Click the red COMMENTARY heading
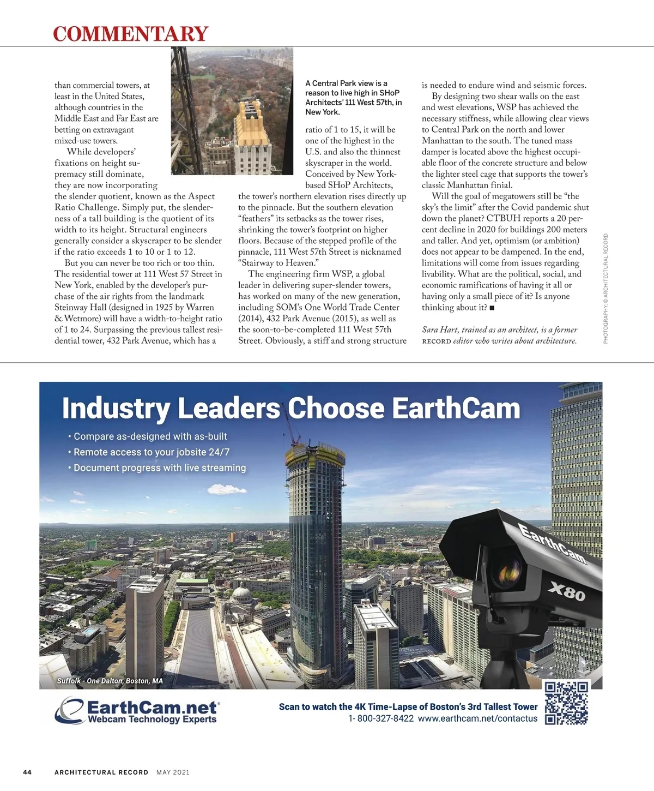click(x=130, y=33)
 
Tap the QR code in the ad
click(x=567, y=703)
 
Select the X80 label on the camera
click(x=567, y=591)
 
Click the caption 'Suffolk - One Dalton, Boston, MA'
click(x=110, y=681)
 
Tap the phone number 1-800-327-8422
click(x=380, y=718)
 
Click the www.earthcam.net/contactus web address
click(x=477, y=718)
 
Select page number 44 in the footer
click(x=27, y=772)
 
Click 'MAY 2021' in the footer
click(x=173, y=772)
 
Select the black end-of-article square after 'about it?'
click(x=492, y=308)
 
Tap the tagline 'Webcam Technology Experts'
click(x=152, y=720)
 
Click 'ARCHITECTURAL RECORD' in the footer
click(x=101, y=772)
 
